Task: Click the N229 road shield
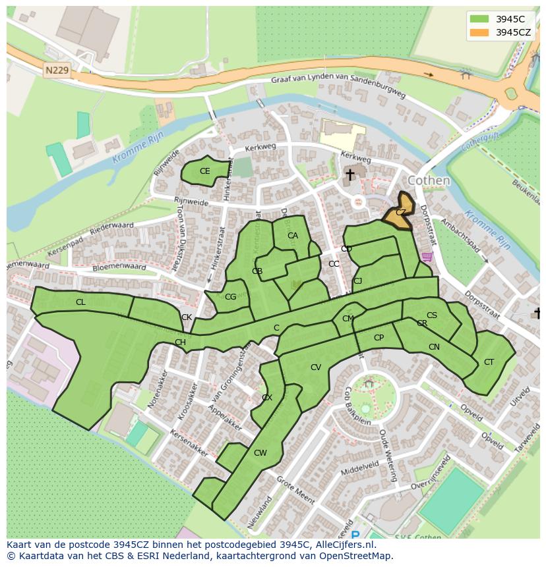click(x=58, y=69)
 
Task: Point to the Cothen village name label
click(x=429, y=180)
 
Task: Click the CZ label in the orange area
click(x=401, y=212)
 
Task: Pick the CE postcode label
click(x=204, y=171)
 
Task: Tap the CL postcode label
click(x=80, y=302)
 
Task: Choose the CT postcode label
click(x=489, y=362)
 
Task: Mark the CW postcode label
click(x=260, y=452)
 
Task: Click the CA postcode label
click(x=293, y=236)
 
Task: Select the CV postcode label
click(x=315, y=367)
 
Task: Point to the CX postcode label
click(x=267, y=398)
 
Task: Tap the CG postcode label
click(x=230, y=297)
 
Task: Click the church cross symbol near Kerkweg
click(x=349, y=175)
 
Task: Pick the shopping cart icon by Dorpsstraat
click(x=427, y=256)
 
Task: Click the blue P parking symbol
click(x=355, y=535)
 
